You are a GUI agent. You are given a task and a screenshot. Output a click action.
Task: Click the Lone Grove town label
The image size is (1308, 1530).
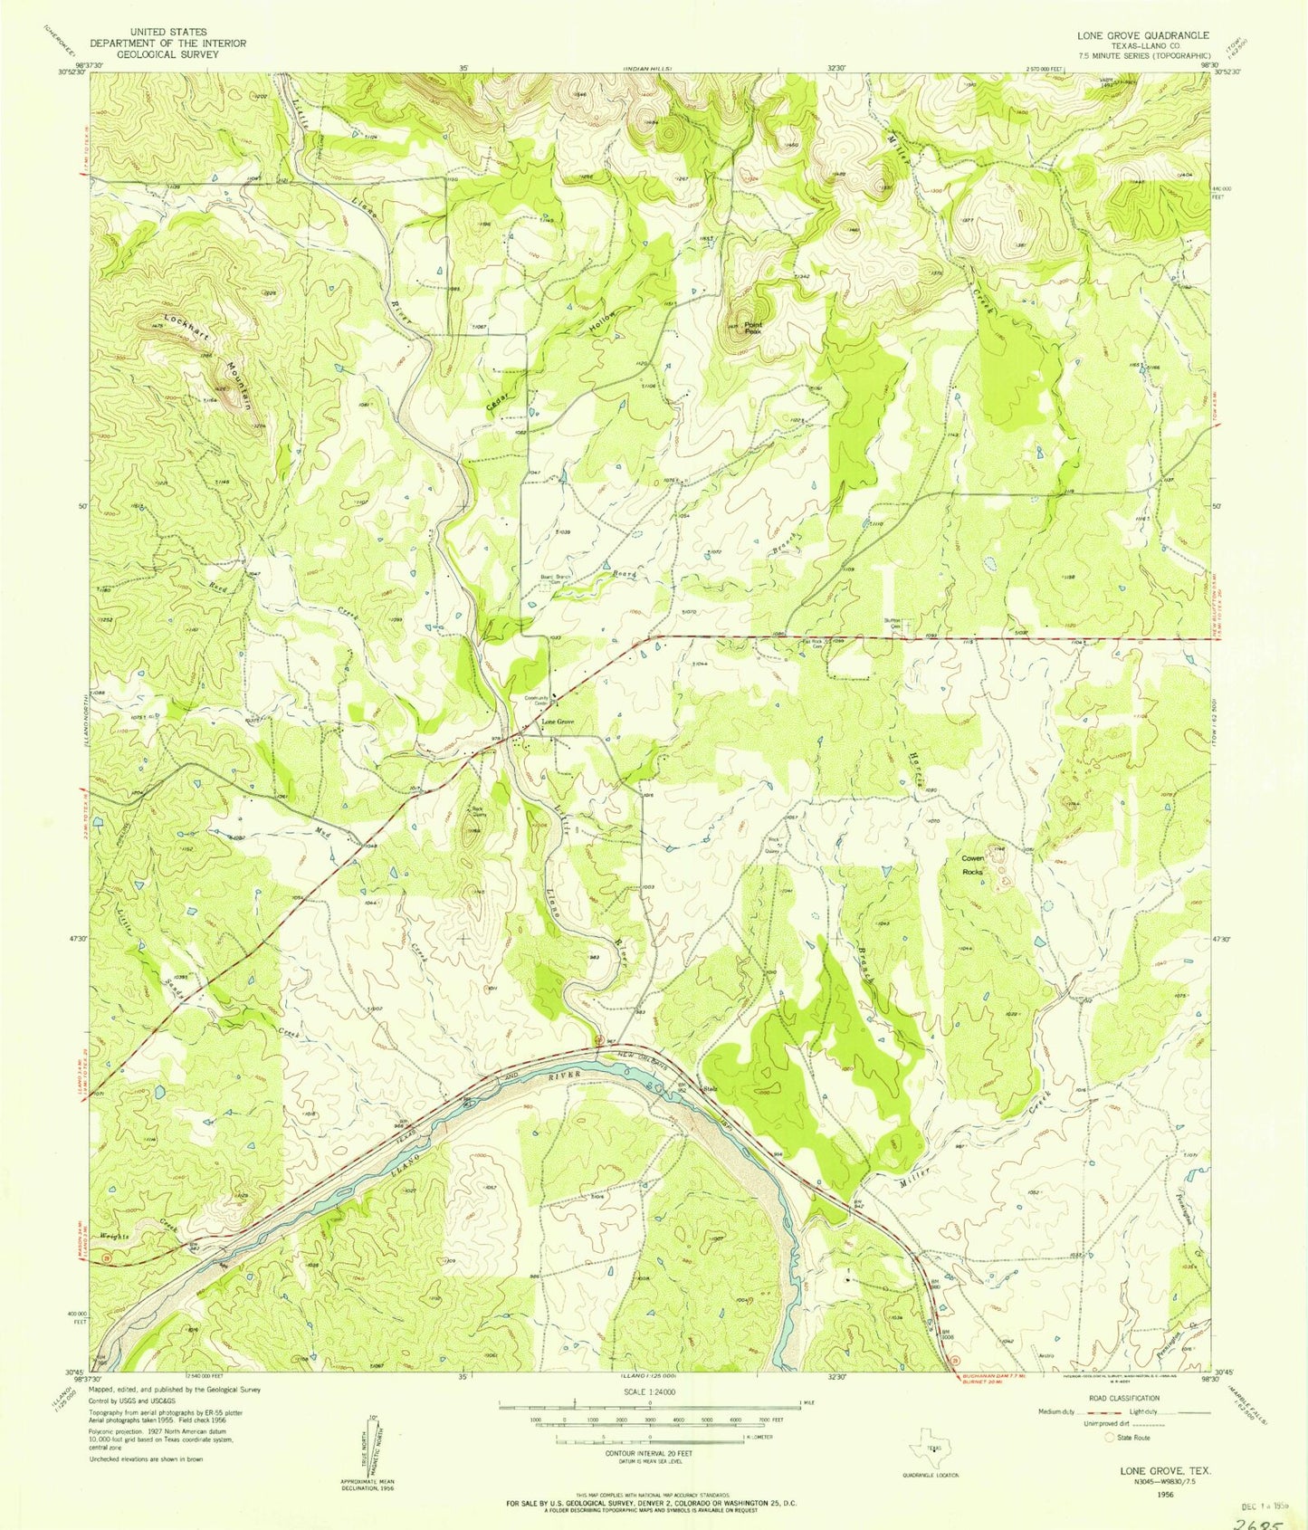(558, 722)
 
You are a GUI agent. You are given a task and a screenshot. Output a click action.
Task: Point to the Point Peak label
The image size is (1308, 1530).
(753, 328)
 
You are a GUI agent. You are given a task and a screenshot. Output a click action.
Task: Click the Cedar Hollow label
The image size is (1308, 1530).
(552, 363)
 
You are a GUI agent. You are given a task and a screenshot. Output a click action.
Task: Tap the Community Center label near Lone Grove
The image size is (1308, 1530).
(539, 700)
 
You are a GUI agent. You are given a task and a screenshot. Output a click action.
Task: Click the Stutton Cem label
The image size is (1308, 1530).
(893, 624)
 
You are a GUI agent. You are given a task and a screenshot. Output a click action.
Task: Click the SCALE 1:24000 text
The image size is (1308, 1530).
(649, 1391)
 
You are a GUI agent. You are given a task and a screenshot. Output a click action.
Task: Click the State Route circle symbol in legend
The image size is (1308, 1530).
(1110, 1437)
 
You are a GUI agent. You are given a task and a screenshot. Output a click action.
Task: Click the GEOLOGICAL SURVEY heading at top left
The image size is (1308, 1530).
(167, 54)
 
